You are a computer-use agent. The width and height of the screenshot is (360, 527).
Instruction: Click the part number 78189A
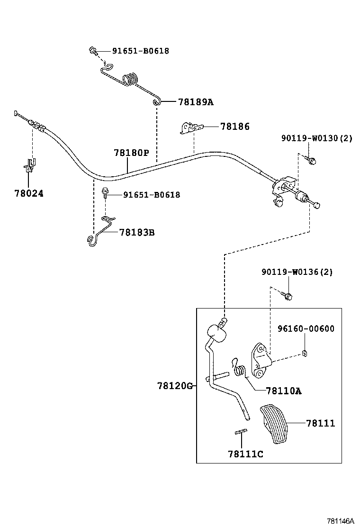(x=196, y=102)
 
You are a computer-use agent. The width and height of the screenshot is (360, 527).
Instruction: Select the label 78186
(x=234, y=127)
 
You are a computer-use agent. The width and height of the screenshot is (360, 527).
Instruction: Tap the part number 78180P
(x=131, y=153)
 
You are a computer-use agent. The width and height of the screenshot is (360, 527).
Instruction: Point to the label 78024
(x=28, y=193)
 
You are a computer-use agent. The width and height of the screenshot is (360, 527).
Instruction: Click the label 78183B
(x=137, y=232)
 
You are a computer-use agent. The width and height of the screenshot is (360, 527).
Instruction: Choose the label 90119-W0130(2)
(x=316, y=138)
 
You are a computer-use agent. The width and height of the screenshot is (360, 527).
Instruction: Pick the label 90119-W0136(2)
(x=297, y=272)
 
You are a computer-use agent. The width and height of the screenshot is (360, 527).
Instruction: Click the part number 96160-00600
(x=306, y=328)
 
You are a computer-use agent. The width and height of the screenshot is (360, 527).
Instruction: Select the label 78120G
(x=175, y=386)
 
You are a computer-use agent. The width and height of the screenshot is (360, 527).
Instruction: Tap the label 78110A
(x=284, y=391)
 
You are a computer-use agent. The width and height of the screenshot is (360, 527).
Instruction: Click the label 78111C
(x=245, y=454)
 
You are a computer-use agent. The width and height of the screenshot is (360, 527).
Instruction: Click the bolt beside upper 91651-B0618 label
(x=93, y=51)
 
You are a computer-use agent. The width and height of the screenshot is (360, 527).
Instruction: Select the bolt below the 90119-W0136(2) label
(x=288, y=295)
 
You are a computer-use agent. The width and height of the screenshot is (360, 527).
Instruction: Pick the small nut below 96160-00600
(x=304, y=353)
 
